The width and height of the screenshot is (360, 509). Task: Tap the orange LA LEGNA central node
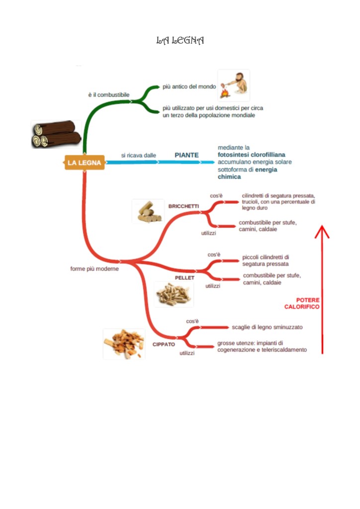tap(85, 163)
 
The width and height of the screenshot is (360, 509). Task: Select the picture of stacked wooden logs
tap(56, 134)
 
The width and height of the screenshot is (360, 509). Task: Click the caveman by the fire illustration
tap(233, 86)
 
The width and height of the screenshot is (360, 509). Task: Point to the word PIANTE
tap(186, 155)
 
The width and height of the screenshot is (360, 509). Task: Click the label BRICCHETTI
tap(183, 206)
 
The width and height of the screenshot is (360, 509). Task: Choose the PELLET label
tap(184, 277)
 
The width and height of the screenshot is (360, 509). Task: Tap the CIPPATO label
tap(164, 344)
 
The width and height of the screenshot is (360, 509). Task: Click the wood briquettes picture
tap(148, 211)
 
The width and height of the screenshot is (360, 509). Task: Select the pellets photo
tap(173, 294)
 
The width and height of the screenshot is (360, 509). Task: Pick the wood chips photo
tap(124, 343)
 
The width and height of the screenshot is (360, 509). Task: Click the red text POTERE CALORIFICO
tap(302, 304)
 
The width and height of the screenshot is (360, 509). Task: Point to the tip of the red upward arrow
tap(322, 227)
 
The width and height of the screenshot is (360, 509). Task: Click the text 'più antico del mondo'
tap(189, 86)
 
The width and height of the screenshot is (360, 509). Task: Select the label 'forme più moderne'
tap(94, 269)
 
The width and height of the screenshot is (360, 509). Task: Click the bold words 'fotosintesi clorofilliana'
tap(252, 155)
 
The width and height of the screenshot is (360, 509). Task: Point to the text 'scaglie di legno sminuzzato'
tap(267, 327)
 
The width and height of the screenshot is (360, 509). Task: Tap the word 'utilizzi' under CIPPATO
tap(187, 353)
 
